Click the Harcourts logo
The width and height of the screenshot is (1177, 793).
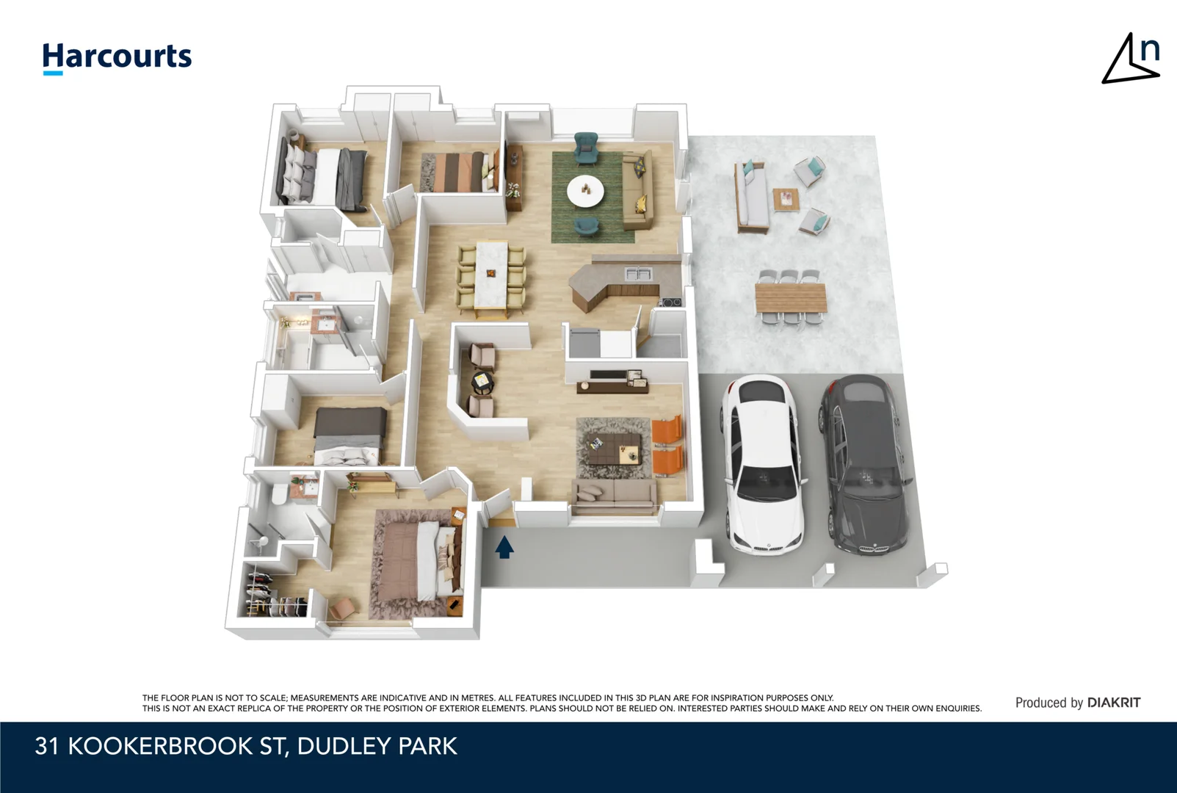[x=117, y=57]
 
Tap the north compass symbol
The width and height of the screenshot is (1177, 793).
[x=1131, y=59]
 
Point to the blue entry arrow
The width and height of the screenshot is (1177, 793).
[x=504, y=547]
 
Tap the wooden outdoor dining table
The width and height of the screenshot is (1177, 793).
[x=791, y=297]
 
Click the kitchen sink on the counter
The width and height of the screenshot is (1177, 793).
[x=637, y=274]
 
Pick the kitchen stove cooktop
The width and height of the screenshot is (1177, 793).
[x=670, y=302]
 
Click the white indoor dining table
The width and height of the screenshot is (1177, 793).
[x=491, y=275]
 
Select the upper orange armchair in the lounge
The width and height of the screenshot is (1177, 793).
[x=667, y=430]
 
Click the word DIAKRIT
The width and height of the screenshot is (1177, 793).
[x=1113, y=703]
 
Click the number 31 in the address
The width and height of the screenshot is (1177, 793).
[x=47, y=746]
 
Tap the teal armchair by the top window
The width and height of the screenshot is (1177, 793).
[x=585, y=147]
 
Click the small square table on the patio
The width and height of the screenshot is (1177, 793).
[x=785, y=199]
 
